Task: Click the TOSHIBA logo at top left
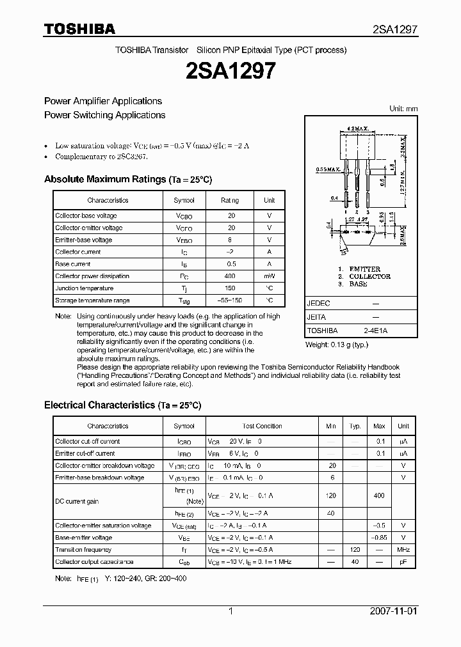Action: coord(79,29)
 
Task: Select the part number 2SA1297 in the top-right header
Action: coord(395,29)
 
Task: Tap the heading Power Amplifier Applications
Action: coord(102,101)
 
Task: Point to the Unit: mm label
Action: coord(403,109)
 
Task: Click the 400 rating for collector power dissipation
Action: coord(230,276)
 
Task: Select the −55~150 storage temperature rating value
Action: coord(230,300)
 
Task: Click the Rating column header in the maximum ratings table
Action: coord(230,200)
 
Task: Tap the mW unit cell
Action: coord(269,276)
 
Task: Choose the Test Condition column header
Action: coord(262,426)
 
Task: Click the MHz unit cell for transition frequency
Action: coord(403,550)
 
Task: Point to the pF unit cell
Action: coord(403,562)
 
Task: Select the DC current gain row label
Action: coord(77,502)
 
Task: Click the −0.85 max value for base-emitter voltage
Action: coord(379,538)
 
